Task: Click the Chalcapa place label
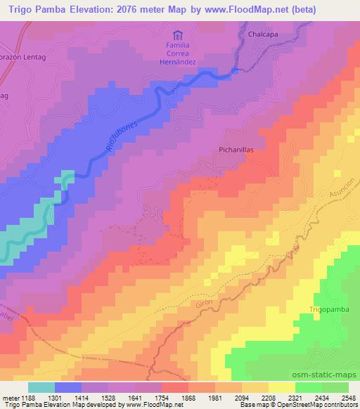pos(264,33)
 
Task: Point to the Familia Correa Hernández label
pos(179,54)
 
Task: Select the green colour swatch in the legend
pos(309,387)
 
